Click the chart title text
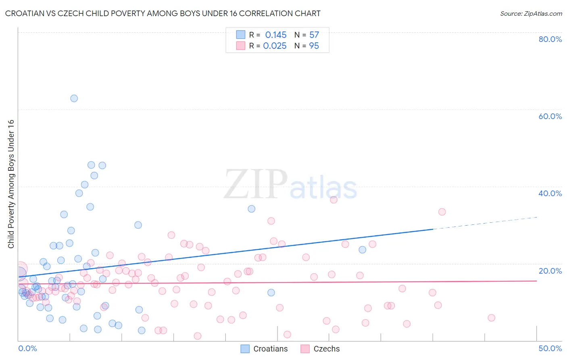click(163, 13)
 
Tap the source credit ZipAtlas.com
click(531, 13)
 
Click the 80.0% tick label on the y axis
click(550, 39)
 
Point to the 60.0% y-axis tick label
click(550, 116)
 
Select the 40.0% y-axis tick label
click(550, 193)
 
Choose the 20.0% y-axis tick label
click(550, 271)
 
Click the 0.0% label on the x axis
click(27, 348)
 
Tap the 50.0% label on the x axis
click(550, 348)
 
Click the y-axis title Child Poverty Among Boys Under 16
click(11, 184)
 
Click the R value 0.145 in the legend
click(276, 35)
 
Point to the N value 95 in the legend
click(314, 46)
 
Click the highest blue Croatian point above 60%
click(74, 98)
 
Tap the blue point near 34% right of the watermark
click(251, 209)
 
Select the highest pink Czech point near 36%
click(334, 200)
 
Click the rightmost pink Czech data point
click(491, 318)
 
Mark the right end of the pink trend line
click(537, 281)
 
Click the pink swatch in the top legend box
click(241, 46)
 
